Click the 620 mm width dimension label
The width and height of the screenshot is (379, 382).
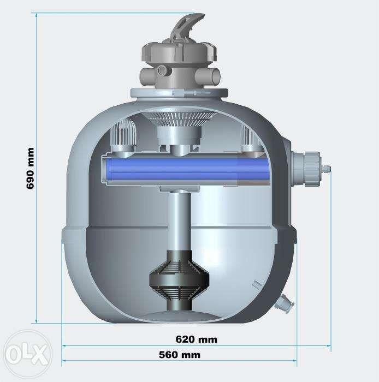[x=196, y=339]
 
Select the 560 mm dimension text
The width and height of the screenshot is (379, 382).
[x=180, y=355]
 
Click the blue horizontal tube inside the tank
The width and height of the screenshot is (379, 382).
[x=186, y=170]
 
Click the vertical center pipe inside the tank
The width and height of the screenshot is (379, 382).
[x=179, y=224]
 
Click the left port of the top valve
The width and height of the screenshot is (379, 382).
[x=146, y=74]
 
